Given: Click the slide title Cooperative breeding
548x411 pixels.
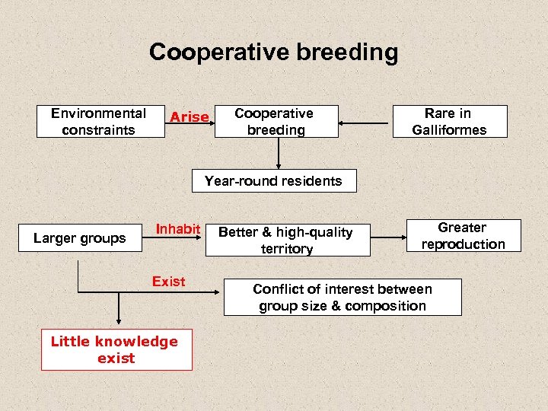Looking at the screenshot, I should (x=273, y=52).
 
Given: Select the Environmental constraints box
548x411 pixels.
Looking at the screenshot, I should (x=100, y=122).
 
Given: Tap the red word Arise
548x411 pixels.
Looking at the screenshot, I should (x=189, y=117).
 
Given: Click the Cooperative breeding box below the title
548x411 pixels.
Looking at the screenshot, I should (x=276, y=122).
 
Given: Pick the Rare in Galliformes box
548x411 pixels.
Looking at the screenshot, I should (x=449, y=122).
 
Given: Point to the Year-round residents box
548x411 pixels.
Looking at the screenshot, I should (x=273, y=181).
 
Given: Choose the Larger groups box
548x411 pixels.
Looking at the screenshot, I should (x=79, y=238).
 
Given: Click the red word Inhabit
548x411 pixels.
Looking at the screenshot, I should (x=178, y=229).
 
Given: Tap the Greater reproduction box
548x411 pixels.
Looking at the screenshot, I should (x=464, y=236).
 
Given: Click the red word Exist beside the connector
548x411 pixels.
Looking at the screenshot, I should (x=168, y=282).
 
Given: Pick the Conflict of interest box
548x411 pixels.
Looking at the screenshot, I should (x=342, y=298).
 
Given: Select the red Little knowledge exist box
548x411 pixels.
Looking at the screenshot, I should (x=116, y=350).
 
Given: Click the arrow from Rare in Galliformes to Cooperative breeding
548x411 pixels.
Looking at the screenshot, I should (x=365, y=122).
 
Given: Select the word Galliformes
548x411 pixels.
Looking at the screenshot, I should (x=449, y=130).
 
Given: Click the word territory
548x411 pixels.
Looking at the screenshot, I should (x=286, y=249).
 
